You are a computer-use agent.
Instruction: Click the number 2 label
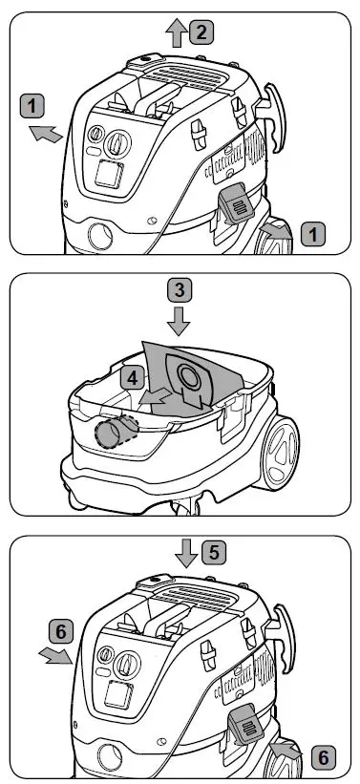(x=201, y=33)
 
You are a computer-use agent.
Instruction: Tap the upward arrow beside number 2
(x=176, y=33)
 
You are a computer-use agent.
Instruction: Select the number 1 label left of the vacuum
(x=32, y=107)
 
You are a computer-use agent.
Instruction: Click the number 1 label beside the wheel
(x=313, y=234)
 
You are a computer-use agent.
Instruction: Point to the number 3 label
(x=179, y=290)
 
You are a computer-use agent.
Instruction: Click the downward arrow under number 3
(x=179, y=322)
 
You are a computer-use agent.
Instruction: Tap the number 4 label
(x=132, y=378)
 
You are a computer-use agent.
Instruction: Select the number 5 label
(x=214, y=553)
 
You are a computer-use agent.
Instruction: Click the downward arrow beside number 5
(x=186, y=553)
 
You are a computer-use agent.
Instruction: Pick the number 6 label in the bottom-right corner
(x=324, y=757)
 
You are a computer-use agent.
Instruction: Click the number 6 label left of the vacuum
(x=60, y=632)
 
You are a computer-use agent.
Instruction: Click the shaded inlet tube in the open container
(x=116, y=431)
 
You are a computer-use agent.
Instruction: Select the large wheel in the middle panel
(x=281, y=452)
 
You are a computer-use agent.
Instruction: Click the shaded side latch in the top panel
(x=235, y=204)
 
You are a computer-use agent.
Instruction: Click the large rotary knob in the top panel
(x=118, y=143)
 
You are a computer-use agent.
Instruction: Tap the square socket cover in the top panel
(x=110, y=174)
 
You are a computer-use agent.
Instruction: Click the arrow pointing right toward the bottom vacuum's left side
(x=55, y=655)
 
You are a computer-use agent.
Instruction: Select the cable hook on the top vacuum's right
(x=273, y=117)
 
